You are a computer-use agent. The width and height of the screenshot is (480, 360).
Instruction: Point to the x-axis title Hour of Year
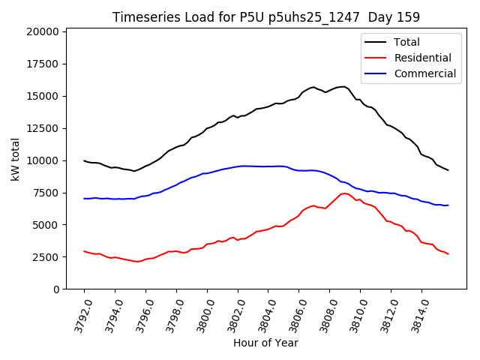click(x=265, y=343)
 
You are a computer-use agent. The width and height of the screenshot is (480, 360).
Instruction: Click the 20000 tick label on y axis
click(x=42, y=31)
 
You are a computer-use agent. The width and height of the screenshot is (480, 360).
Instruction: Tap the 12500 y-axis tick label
click(x=42, y=128)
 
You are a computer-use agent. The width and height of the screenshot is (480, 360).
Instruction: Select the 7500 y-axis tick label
click(x=45, y=193)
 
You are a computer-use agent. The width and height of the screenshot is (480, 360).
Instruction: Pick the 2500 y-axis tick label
click(x=45, y=257)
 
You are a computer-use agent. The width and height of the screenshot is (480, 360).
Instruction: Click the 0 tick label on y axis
click(x=56, y=289)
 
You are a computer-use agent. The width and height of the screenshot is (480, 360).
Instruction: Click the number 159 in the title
click(x=409, y=16)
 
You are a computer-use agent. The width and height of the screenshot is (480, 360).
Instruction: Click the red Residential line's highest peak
click(x=344, y=193)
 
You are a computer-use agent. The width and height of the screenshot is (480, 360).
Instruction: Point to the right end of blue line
click(x=448, y=205)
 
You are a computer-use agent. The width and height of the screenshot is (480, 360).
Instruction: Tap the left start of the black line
click(x=84, y=160)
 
